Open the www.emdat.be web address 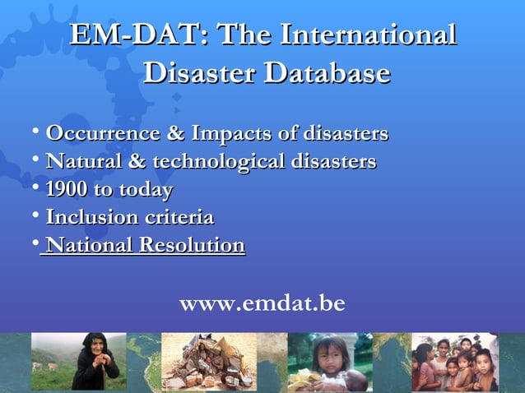tap(262, 304)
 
